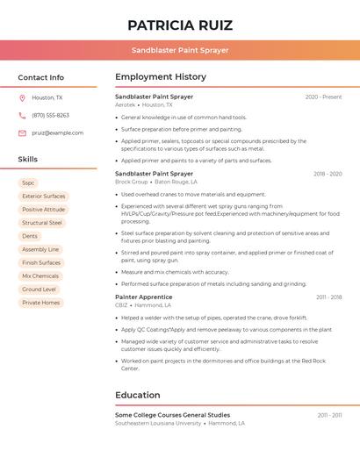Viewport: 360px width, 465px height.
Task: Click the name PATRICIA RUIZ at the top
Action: click(180, 25)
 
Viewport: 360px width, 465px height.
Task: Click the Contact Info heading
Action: click(41, 77)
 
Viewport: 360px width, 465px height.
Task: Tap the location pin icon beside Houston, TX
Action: click(22, 97)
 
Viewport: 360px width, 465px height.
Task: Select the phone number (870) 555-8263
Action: click(50, 115)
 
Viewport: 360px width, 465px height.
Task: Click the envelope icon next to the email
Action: click(22, 132)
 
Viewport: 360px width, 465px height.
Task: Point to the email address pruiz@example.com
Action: click(57, 132)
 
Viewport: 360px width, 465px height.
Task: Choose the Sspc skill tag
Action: click(29, 183)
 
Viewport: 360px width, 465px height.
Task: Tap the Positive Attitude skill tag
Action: click(43, 210)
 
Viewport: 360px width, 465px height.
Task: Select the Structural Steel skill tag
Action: click(42, 223)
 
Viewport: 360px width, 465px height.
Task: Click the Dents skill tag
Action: click(30, 236)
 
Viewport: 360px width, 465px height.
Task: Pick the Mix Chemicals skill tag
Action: click(40, 275)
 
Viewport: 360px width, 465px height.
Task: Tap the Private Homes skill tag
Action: click(41, 303)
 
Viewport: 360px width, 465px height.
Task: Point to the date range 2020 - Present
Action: click(323, 97)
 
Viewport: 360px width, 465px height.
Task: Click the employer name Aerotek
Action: click(126, 104)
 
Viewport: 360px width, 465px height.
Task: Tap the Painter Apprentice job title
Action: click(143, 297)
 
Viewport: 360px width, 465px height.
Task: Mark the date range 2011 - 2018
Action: click(329, 297)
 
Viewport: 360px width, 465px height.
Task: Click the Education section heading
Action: click(137, 395)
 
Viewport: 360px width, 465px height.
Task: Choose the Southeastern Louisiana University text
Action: click(158, 423)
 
